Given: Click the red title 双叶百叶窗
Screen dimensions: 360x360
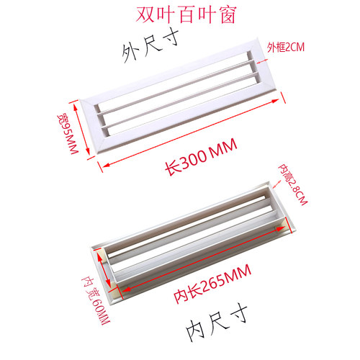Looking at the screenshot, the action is [186, 15].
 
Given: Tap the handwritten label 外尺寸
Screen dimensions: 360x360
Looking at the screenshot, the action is [150, 46].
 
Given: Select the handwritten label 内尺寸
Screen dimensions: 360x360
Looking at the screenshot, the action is [217, 322].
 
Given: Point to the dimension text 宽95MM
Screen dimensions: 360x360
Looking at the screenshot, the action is [68, 134].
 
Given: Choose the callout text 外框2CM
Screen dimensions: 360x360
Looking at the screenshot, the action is [286, 48].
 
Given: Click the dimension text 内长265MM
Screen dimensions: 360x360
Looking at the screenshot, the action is [212, 284].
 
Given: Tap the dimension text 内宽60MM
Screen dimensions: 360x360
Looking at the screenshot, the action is [96, 300].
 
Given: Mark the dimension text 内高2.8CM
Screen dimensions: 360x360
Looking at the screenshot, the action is [292, 184].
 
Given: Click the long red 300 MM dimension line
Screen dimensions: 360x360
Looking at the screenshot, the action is [191, 132].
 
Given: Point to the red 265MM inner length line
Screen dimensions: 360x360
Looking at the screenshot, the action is [203, 258].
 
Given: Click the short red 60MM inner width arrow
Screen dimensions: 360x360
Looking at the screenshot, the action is [104, 269].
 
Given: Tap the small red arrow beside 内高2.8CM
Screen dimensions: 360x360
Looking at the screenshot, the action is [276, 184].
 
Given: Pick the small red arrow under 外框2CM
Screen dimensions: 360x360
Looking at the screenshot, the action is [262, 62].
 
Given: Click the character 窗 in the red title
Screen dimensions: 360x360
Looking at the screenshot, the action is [228, 15].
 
